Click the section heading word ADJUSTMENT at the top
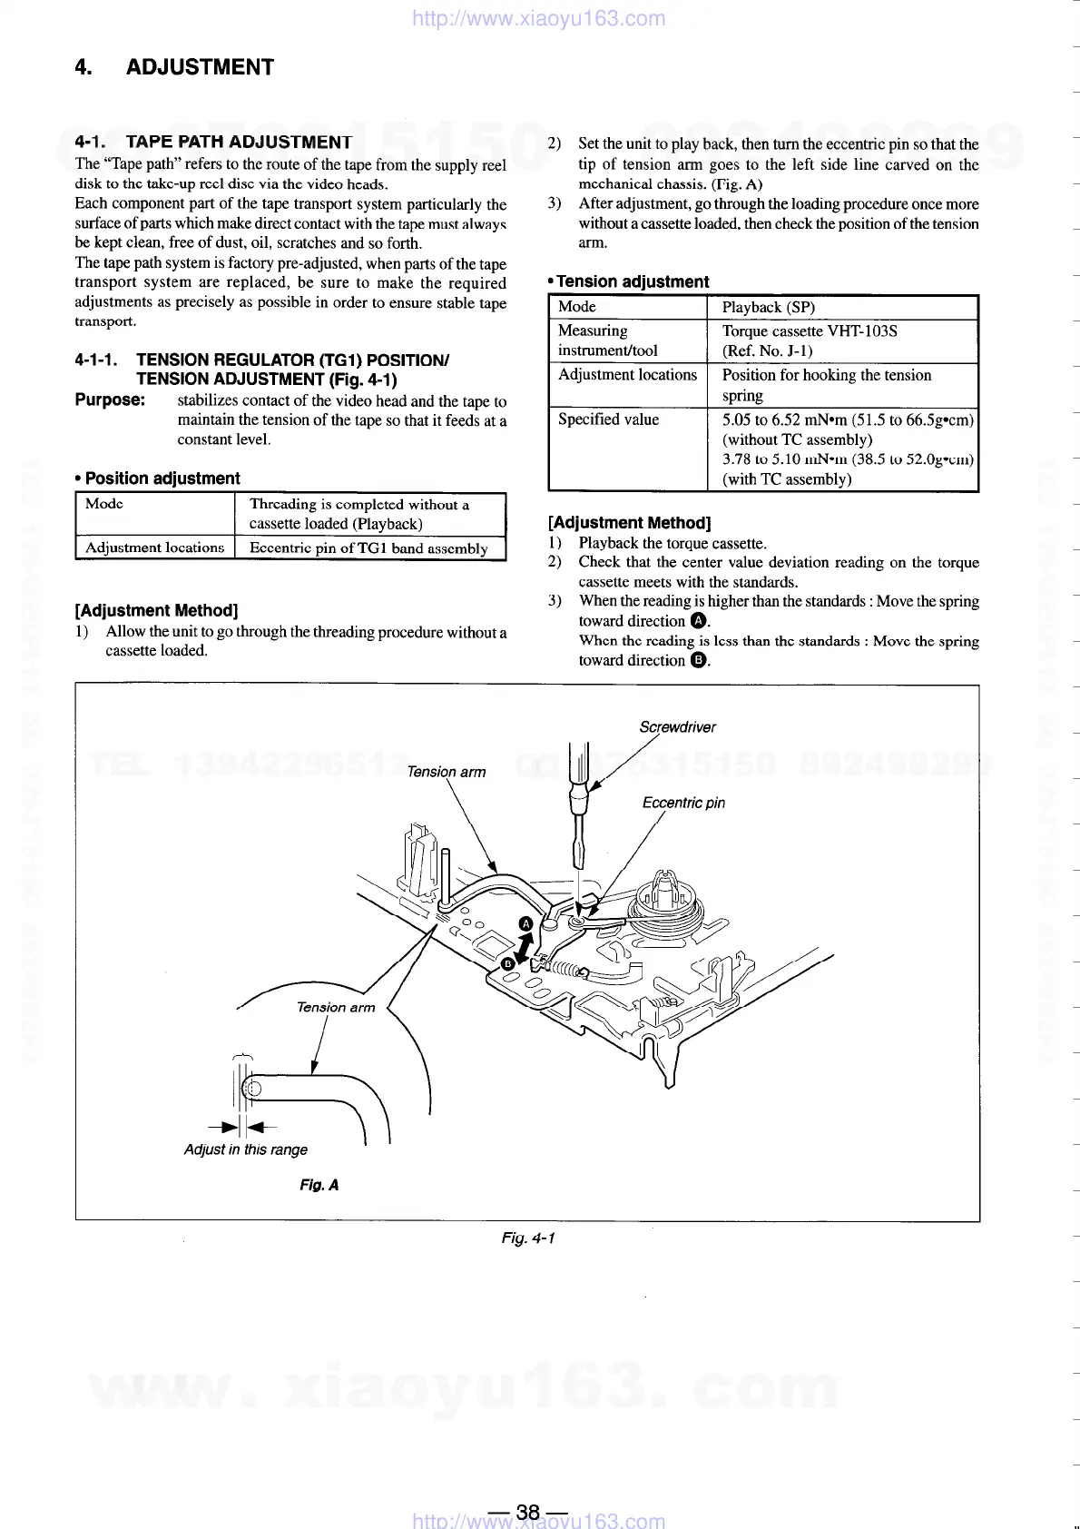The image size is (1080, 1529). click(x=200, y=67)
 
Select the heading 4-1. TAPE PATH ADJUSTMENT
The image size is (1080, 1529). click(x=213, y=142)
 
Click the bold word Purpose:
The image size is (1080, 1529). click(x=110, y=400)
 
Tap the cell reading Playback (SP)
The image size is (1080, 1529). click(x=768, y=307)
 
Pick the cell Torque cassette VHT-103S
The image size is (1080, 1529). click(x=810, y=330)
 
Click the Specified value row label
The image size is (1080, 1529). click(x=608, y=419)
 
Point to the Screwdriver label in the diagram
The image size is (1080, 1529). click(x=677, y=726)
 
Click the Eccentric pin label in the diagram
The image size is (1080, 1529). click(x=683, y=803)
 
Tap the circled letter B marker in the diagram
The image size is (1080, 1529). click(x=508, y=962)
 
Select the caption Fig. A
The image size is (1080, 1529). click(x=319, y=1185)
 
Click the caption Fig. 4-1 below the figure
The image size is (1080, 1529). click(x=527, y=1238)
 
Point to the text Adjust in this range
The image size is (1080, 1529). click(x=245, y=1149)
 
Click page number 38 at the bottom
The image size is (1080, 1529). click(x=527, y=1512)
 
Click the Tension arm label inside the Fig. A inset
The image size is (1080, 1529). click(x=335, y=1007)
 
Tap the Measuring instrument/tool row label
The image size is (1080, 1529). click(x=607, y=340)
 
